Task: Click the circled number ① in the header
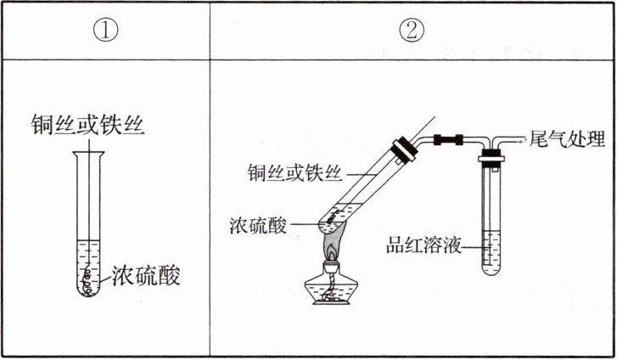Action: click(106, 31)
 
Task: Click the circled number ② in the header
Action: click(412, 31)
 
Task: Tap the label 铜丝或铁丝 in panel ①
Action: click(88, 127)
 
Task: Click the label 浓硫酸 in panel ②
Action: click(258, 227)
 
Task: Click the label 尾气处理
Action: click(566, 138)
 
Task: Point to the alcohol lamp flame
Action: click(330, 247)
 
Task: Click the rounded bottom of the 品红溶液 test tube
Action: click(491, 271)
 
